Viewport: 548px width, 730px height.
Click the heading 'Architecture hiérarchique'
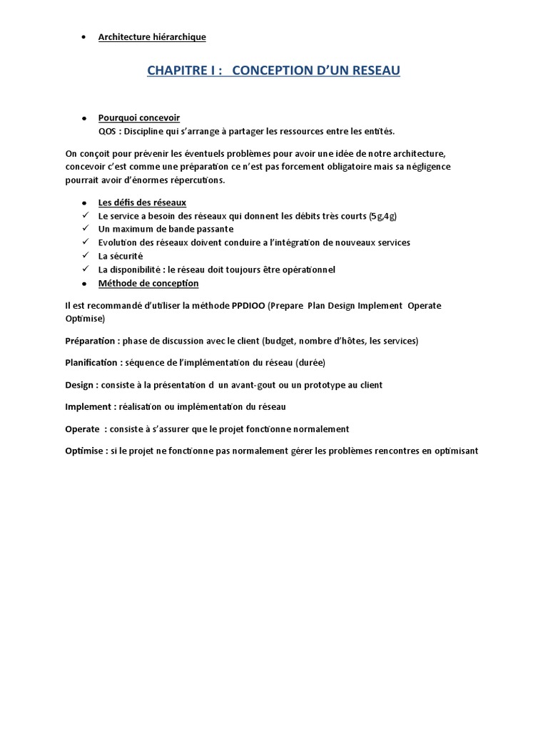point(152,37)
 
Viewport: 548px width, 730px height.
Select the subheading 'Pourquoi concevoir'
point(139,118)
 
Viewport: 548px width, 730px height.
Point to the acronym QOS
point(106,131)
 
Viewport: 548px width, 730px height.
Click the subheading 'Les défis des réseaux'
point(142,202)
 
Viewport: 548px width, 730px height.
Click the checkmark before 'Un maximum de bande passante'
point(85,229)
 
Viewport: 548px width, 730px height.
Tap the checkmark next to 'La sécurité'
point(85,255)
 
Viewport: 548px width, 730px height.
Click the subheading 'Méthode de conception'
point(148,283)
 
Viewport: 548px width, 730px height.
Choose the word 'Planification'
point(91,363)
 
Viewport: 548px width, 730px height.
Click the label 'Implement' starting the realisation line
point(88,406)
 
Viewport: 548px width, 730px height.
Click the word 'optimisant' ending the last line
point(454,451)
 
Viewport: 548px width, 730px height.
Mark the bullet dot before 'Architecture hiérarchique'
point(85,37)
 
